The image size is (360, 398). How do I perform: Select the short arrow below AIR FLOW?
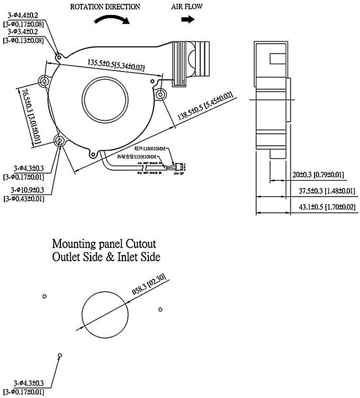188,19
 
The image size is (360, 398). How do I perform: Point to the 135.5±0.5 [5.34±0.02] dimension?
116,65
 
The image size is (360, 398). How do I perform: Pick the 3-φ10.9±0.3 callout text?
23,190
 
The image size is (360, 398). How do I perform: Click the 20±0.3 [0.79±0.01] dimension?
318,176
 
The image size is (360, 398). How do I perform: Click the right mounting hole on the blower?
161,95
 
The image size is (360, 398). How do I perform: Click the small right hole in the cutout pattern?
161,309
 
